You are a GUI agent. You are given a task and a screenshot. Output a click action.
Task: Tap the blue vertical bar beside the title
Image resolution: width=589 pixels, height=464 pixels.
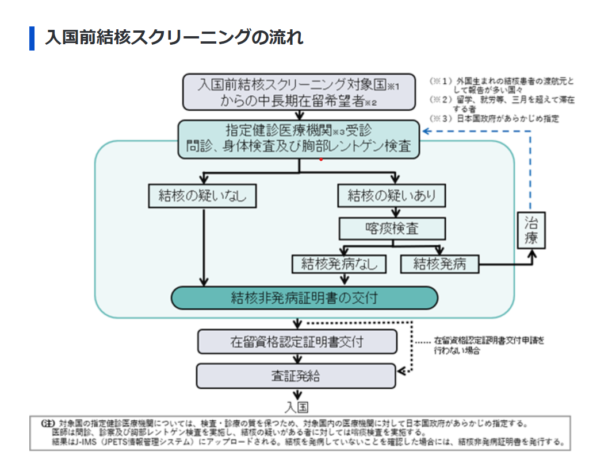(32, 38)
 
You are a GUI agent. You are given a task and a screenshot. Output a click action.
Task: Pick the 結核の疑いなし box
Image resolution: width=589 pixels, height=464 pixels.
(202, 196)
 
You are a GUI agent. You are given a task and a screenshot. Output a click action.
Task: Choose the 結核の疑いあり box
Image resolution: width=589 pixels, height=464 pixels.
(391, 196)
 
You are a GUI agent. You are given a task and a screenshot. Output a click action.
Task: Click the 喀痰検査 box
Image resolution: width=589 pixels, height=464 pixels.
(392, 229)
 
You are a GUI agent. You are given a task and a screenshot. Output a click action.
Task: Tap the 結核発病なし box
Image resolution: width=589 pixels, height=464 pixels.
(339, 264)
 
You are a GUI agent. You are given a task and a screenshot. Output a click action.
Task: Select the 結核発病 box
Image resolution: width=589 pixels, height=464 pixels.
(439, 264)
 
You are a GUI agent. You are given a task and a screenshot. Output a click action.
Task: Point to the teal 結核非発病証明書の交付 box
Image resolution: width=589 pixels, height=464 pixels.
(304, 297)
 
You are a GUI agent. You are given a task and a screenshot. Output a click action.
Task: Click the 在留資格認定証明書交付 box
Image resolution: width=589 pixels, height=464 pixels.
(297, 342)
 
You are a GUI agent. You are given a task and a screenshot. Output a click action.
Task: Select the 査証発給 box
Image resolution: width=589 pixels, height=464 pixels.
(296, 376)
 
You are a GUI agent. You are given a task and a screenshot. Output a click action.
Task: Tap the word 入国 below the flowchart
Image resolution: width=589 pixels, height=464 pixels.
(297, 407)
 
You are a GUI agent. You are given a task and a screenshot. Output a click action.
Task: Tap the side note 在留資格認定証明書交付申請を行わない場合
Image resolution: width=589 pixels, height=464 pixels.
(489, 345)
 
